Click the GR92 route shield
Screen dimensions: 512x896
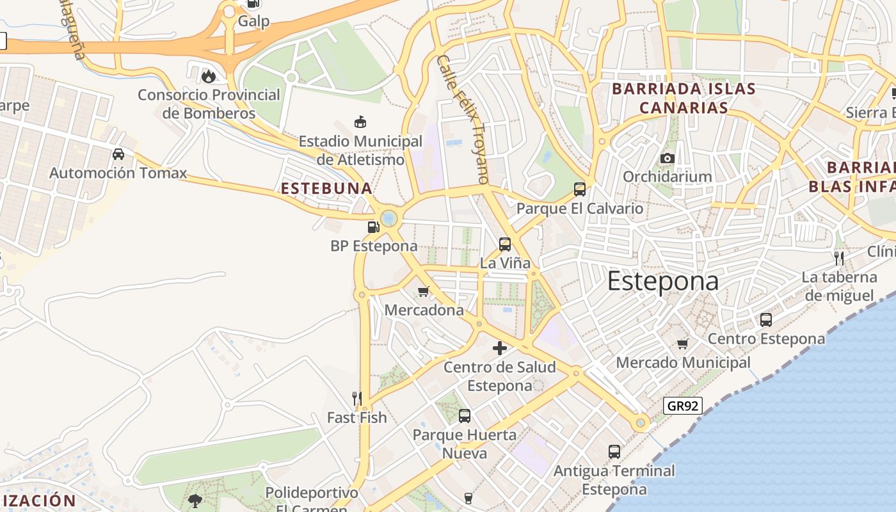point(683,405)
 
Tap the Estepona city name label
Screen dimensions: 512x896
point(663,281)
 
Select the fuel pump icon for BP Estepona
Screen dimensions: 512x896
point(373,227)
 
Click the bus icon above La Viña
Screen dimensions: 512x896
point(505,244)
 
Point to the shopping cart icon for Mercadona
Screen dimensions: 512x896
point(423,292)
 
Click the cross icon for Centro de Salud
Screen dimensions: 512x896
point(500,348)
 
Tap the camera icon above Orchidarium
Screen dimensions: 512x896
point(668,158)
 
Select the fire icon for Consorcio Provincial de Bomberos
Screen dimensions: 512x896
point(209,76)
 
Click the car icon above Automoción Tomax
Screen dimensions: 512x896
point(118,154)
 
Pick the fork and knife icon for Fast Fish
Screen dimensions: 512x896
point(357,399)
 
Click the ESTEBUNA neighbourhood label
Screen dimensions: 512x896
point(326,188)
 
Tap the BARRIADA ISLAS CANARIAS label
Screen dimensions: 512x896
point(684,98)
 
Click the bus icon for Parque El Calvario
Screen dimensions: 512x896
point(580,189)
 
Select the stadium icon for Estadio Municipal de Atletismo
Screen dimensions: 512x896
point(360,122)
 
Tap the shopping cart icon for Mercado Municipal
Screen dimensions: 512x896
point(683,344)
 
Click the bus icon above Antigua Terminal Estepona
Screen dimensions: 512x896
point(614,452)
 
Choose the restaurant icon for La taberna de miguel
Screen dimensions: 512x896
point(839,259)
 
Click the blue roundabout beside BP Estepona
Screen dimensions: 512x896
point(389,219)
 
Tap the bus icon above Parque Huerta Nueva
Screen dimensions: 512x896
point(465,416)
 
